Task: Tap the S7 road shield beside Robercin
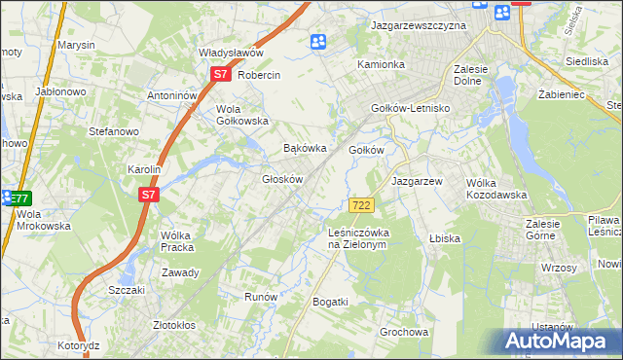(221, 74)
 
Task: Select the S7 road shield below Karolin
(148, 195)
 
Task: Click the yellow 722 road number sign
(361, 204)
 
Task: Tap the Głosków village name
(283, 179)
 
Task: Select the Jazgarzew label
(418, 181)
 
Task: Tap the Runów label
(261, 297)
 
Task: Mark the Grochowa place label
(404, 332)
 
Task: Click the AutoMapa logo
(558, 342)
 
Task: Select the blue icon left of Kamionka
(318, 42)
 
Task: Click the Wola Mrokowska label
(44, 220)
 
